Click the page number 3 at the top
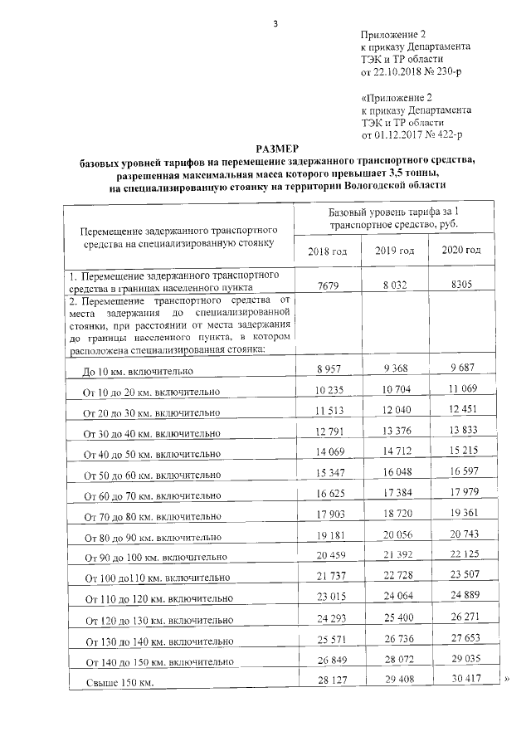(x=275, y=22)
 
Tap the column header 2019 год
(x=394, y=251)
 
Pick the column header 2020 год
(x=461, y=251)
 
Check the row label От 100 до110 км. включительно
(x=154, y=578)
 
